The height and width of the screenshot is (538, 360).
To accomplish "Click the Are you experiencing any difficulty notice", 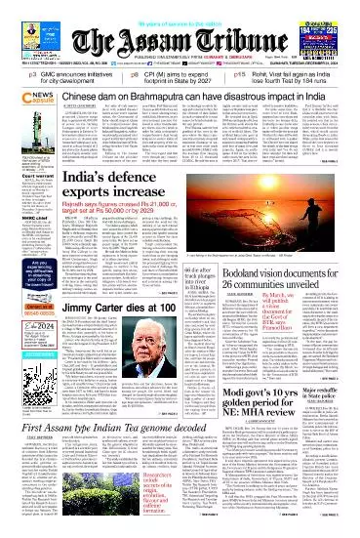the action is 22,283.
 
